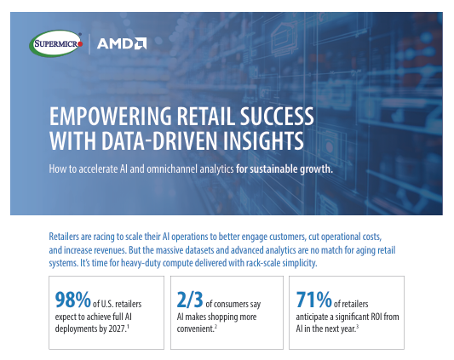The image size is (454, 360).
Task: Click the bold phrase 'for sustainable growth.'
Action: pyautogui.click(x=284, y=168)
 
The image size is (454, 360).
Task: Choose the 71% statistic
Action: pyautogui.click(x=313, y=299)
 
